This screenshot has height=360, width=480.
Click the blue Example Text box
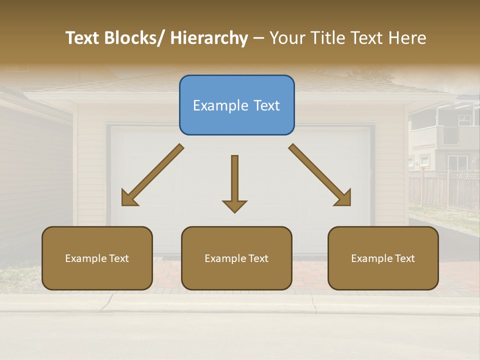[236, 105]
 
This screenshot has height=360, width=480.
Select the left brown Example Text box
[97, 258]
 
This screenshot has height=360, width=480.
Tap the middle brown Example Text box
[236, 258]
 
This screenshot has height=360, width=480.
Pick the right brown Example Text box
[383, 258]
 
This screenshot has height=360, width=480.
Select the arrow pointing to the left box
[152, 175]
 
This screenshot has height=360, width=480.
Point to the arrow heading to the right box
[320, 175]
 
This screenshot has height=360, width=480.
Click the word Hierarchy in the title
[209, 38]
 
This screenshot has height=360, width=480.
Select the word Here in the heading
[406, 38]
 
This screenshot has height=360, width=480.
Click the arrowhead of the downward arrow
[234, 206]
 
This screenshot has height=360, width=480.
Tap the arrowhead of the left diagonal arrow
[128, 198]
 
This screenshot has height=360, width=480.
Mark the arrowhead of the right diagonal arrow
[344, 198]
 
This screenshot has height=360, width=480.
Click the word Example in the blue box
[219, 105]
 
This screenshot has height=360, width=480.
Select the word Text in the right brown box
[404, 258]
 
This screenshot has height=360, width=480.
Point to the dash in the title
[258, 38]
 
